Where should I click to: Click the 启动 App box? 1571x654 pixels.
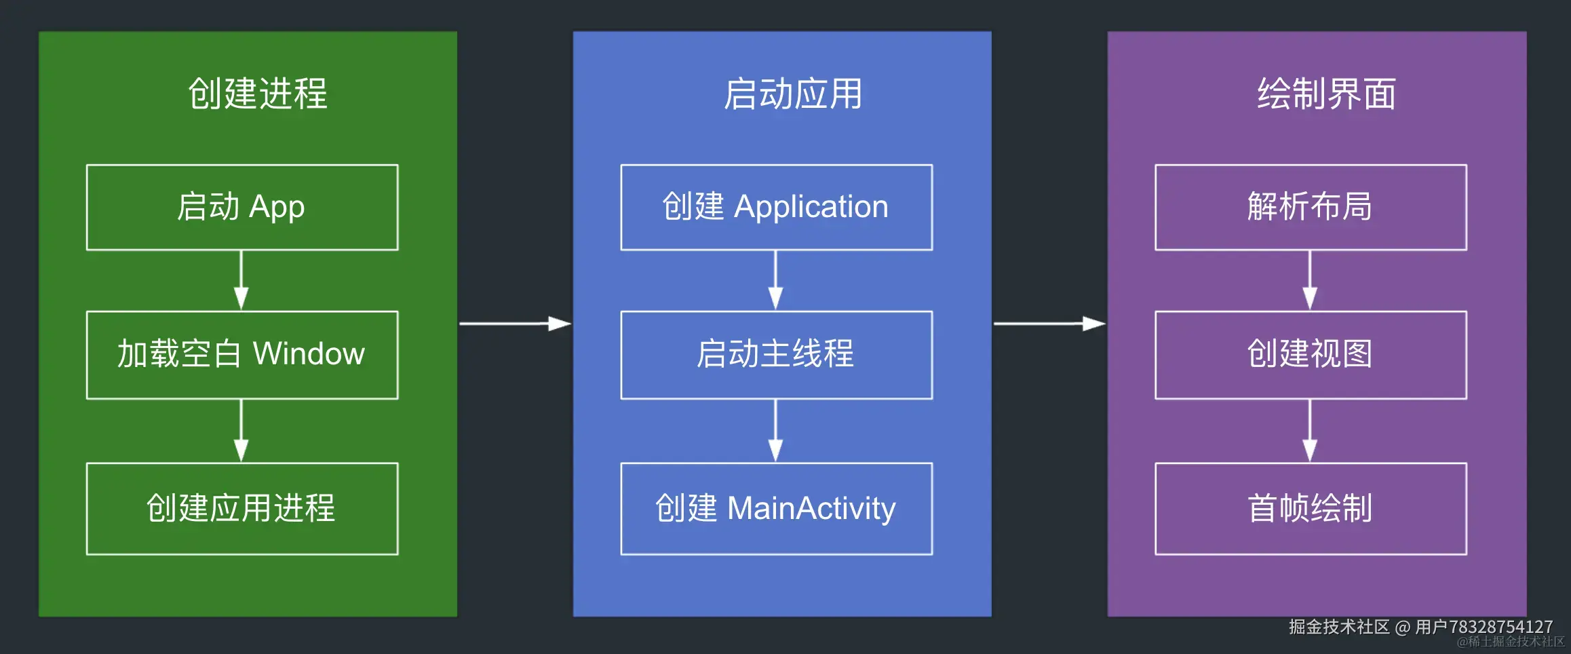click(x=242, y=208)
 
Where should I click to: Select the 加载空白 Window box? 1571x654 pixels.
click(x=242, y=355)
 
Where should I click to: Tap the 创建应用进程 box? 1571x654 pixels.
click(x=242, y=509)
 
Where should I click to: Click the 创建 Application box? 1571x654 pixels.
click(x=776, y=208)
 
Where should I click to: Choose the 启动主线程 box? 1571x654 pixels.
click(x=776, y=355)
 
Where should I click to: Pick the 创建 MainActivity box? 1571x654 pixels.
click(x=776, y=509)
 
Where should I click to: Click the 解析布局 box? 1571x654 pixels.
click(x=1311, y=208)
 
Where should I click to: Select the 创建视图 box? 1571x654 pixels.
click(x=1311, y=355)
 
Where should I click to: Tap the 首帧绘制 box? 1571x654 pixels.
click(x=1311, y=509)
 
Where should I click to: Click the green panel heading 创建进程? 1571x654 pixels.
click(x=258, y=94)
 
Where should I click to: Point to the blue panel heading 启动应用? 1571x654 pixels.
click(x=792, y=94)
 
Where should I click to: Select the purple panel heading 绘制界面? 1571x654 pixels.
click(x=1327, y=94)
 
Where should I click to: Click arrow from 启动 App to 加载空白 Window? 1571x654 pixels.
click(x=241, y=280)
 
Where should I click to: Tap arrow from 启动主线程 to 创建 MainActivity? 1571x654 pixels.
click(x=775, y=431)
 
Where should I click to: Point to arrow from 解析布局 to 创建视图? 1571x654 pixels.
click(x=1310, y=280)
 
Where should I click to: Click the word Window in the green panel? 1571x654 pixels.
click(x=309, y=354)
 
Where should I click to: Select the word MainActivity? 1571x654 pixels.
click(x=811, y=509)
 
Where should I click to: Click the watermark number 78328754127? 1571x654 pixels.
click(x=1500, y=627)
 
